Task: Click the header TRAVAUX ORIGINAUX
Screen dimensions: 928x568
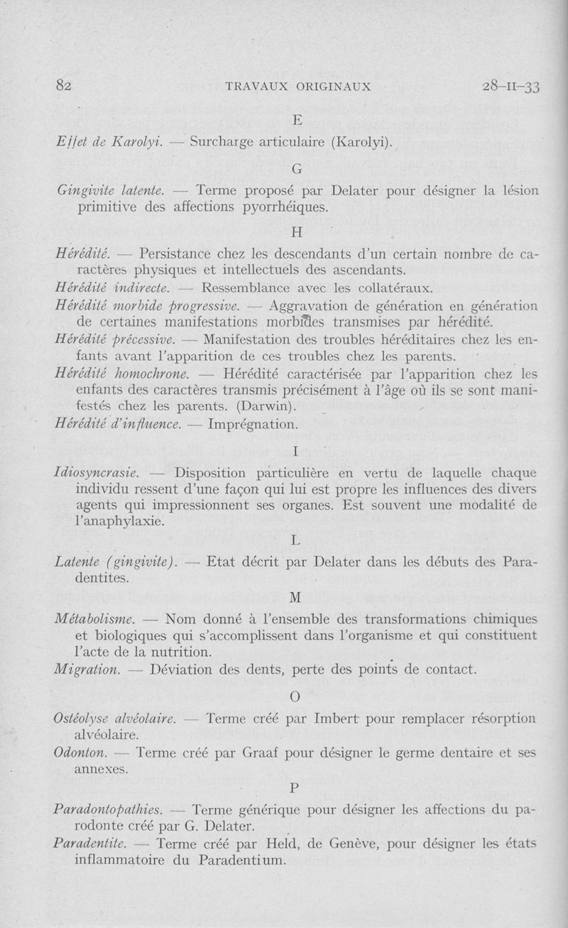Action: click(x=297, y=87)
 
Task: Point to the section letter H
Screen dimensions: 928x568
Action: click(x=297, y=232)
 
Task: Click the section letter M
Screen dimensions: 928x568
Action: click(x=297, y=596)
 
